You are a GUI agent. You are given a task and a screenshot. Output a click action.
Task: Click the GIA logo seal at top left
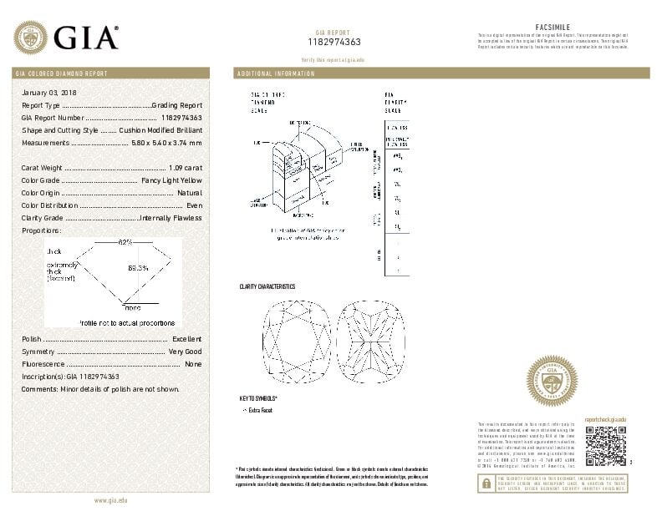(31, 38)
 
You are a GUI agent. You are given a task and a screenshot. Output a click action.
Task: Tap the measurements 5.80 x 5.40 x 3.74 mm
(166, 143)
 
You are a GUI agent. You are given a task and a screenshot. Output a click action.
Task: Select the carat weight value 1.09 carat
(186, 168)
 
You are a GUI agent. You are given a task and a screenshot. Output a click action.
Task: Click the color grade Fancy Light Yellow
(171, 180)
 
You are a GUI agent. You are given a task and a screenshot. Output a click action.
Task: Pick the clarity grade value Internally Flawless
(171, 218)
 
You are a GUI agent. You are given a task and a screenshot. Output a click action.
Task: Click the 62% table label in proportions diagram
(125, 242)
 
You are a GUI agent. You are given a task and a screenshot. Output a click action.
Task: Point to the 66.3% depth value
(138, 268)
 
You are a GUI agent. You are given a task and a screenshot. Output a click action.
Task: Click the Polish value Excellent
(186, 340)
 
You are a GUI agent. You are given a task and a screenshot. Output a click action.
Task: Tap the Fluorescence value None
(193, 365)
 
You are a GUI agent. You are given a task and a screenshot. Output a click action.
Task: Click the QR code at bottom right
(605, 447)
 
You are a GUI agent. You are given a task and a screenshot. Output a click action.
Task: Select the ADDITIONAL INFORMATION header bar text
(277, 73)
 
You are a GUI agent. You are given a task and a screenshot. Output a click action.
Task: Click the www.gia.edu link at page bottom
(111, 499)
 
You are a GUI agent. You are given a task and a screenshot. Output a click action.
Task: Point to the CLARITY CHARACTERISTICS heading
(267, 287)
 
